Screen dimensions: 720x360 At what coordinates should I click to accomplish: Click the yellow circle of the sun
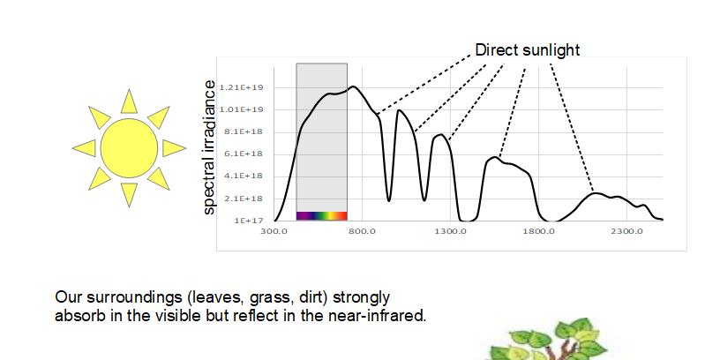129,148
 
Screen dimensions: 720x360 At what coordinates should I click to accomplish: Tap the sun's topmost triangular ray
129,103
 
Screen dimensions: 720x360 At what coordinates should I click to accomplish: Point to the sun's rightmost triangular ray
173,148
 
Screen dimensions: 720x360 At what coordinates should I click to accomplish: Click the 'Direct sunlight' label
527,49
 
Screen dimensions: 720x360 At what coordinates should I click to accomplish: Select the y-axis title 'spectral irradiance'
209,147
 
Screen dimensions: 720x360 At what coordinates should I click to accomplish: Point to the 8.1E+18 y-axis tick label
246,131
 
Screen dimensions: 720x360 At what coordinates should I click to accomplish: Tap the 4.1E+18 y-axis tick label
246,176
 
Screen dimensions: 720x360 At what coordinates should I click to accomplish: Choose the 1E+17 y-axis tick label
250,221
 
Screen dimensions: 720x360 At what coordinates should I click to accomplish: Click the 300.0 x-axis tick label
274,231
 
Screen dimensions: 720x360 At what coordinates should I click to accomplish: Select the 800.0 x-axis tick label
363,231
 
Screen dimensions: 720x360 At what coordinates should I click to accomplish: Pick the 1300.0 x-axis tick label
451,231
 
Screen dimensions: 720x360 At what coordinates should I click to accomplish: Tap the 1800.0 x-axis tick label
538,231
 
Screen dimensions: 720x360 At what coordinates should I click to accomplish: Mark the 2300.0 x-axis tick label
627,231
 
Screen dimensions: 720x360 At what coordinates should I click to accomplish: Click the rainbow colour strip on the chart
322,216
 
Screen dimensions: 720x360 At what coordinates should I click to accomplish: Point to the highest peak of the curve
353,86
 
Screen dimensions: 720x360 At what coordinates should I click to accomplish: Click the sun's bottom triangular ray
129,193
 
